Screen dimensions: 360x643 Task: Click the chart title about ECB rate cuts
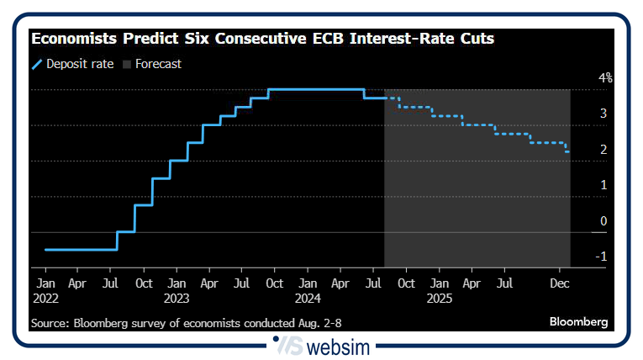point(262,40)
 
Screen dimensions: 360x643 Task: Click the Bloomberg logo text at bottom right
point(578,322)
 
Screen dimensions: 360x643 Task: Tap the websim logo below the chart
point(322,347)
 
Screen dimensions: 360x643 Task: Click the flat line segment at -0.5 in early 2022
point(80,250)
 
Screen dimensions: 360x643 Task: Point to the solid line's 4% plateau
point(315,89)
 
